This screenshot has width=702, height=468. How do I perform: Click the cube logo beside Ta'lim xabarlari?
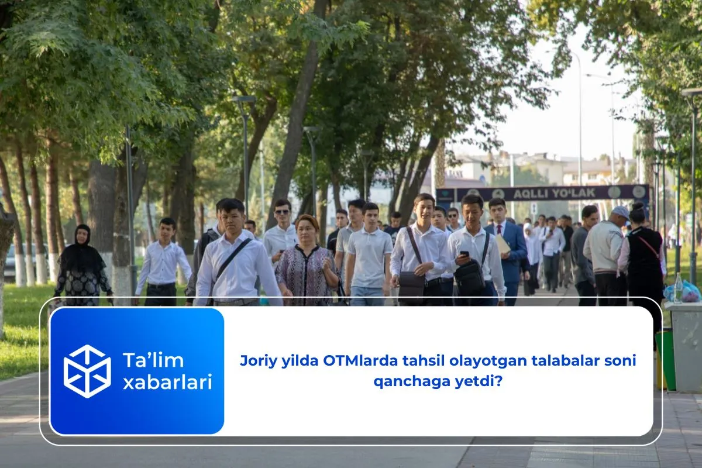coord(87,371)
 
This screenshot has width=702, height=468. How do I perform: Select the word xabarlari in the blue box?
coord(167,383)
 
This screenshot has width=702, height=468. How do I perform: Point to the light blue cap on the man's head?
coord(620,211)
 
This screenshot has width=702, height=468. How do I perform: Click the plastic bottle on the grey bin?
coord(678,288)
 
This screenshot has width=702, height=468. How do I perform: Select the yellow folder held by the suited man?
coord(503,244)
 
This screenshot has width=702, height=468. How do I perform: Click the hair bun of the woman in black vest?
coord(638,207)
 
